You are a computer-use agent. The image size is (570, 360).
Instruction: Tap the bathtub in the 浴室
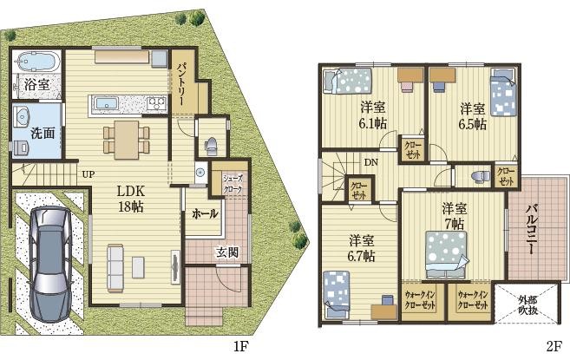pyautogui.click(x=36, y=62)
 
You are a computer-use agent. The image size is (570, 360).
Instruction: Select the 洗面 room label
pyautogui.click(x=43, y=133)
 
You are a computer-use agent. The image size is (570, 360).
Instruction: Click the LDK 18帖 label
pyautogui.click(x=130, y=199)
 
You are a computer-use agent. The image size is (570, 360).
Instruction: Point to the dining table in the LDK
pyautogui.click(x=127, y=140)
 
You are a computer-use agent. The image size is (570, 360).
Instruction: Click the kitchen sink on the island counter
pyautogui.click(x=107, y=103)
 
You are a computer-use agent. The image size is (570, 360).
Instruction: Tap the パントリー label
pyautogui.click(x=182, y=84)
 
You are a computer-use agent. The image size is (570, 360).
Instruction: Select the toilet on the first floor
pyautogui.click(x=211, y=146)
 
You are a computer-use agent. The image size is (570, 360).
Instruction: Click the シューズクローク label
pyautogui.click(x=233, y=185)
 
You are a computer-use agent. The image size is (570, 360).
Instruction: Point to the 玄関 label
pyautogui.click(x=227, y=252)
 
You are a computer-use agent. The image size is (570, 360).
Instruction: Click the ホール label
pyautogui.click(x=205, y=213)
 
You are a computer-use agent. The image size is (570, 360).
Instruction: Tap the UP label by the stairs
pyautogui.click(x=88, y=174)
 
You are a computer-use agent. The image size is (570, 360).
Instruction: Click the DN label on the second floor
pyautogui.click(x=371, y=162)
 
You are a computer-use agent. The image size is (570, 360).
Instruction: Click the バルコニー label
pyautogui.click(x=532, y=230)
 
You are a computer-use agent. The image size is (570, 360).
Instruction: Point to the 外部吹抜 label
pyautogui.click(x=527, y=305)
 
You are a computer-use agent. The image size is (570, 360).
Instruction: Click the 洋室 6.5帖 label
pyautogui.click(x=473, y=117)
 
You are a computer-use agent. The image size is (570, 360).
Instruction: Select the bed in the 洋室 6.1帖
pyautogui.click(x=348, y=81)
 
